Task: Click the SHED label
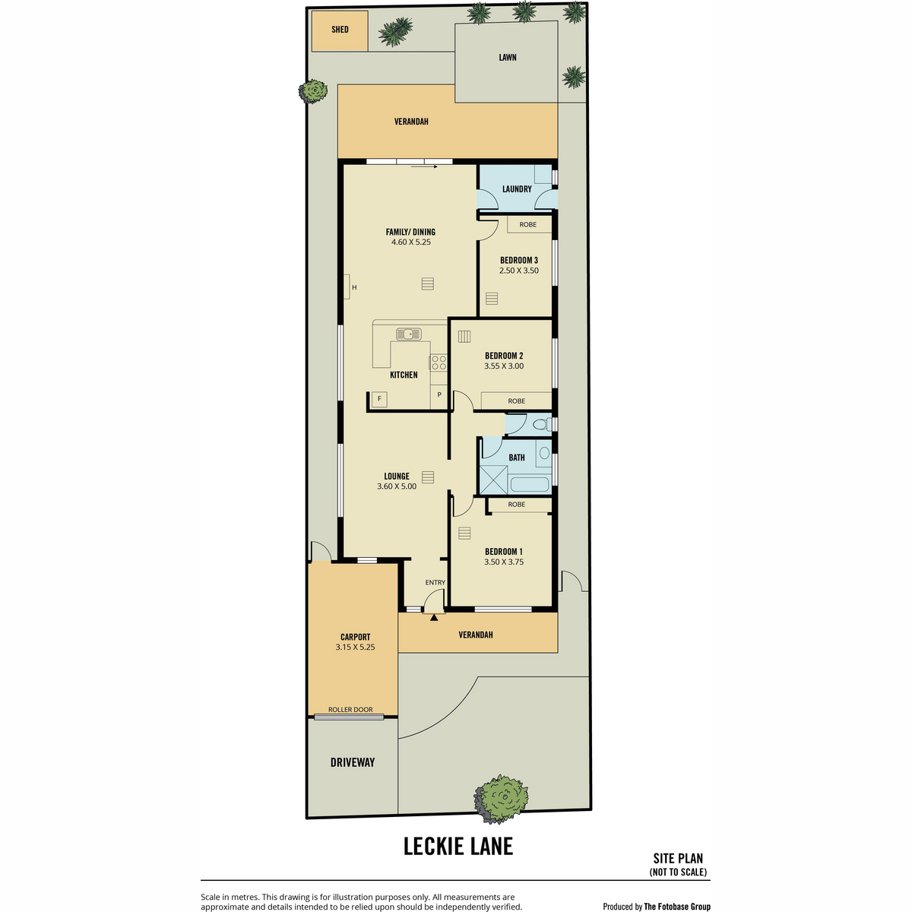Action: click(x=340, y=30)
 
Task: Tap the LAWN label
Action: click(x=508, y=58)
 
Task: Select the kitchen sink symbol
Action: click(x=408, y=334)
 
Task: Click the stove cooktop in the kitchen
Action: click(x=439, y=363)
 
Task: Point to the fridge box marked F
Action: click(x=379, y=399)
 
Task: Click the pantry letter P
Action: click(x=439, y=394)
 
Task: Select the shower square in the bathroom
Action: click(x=493, y=480)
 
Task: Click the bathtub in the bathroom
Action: click(x=530, y=485)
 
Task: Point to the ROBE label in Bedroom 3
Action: click(x=527, y=224)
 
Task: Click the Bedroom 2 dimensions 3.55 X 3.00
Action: click(x=504, y=366)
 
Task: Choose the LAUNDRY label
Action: click(x=517, y=189)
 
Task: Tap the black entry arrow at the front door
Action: click(x=434, y=616)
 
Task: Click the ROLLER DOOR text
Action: click(x=350, y=709)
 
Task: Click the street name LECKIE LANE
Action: click(x=458, y=847)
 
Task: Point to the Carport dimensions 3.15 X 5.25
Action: click(x=355, y=647)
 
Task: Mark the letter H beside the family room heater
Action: click(x=354, y=287)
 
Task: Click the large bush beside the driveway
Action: click(x=501, y=800)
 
